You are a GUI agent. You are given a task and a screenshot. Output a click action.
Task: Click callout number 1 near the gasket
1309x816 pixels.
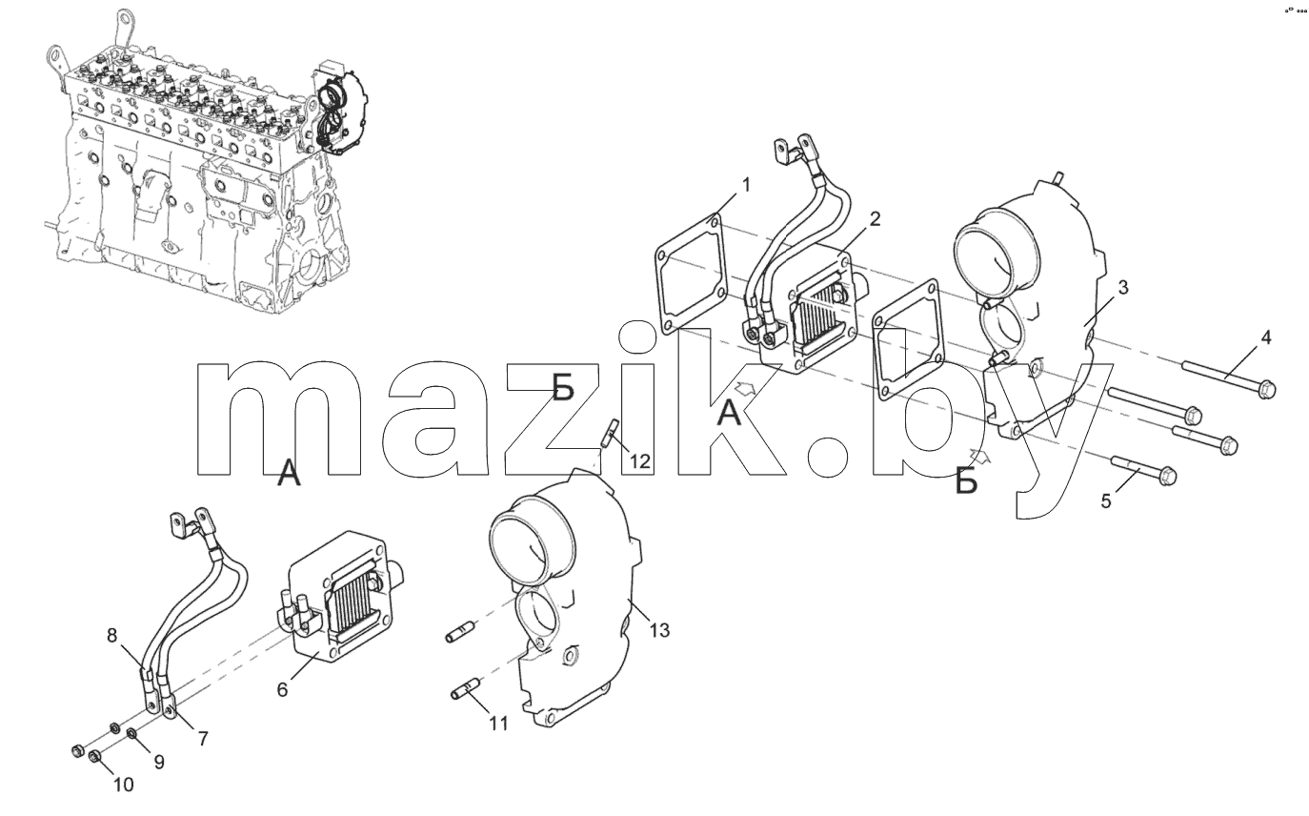click(746, 185)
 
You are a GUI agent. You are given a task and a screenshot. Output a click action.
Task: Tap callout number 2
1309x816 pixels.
click(875, 219)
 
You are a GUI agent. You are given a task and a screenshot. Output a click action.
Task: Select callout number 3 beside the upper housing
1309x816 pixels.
click(1122, 287)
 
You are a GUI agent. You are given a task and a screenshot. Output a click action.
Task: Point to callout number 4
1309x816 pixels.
click(1265, 337)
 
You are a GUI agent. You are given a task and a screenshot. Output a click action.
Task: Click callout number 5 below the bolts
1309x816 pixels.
click(1106, 500)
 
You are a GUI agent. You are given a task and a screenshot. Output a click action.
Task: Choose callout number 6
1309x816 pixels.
click(282, 690)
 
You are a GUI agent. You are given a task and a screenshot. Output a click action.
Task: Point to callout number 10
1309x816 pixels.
click(123, 785)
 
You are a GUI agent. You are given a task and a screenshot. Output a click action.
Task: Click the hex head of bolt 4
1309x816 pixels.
click(1265, 389)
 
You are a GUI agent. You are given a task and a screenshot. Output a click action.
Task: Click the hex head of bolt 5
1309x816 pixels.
click(1166, 475)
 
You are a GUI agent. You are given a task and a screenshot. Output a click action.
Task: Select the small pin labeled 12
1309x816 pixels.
click(610, 433)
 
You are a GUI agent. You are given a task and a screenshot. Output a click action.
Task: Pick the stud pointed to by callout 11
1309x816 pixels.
click(465, 689)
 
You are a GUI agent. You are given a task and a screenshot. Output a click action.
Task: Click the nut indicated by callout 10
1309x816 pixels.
click(95, 758)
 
